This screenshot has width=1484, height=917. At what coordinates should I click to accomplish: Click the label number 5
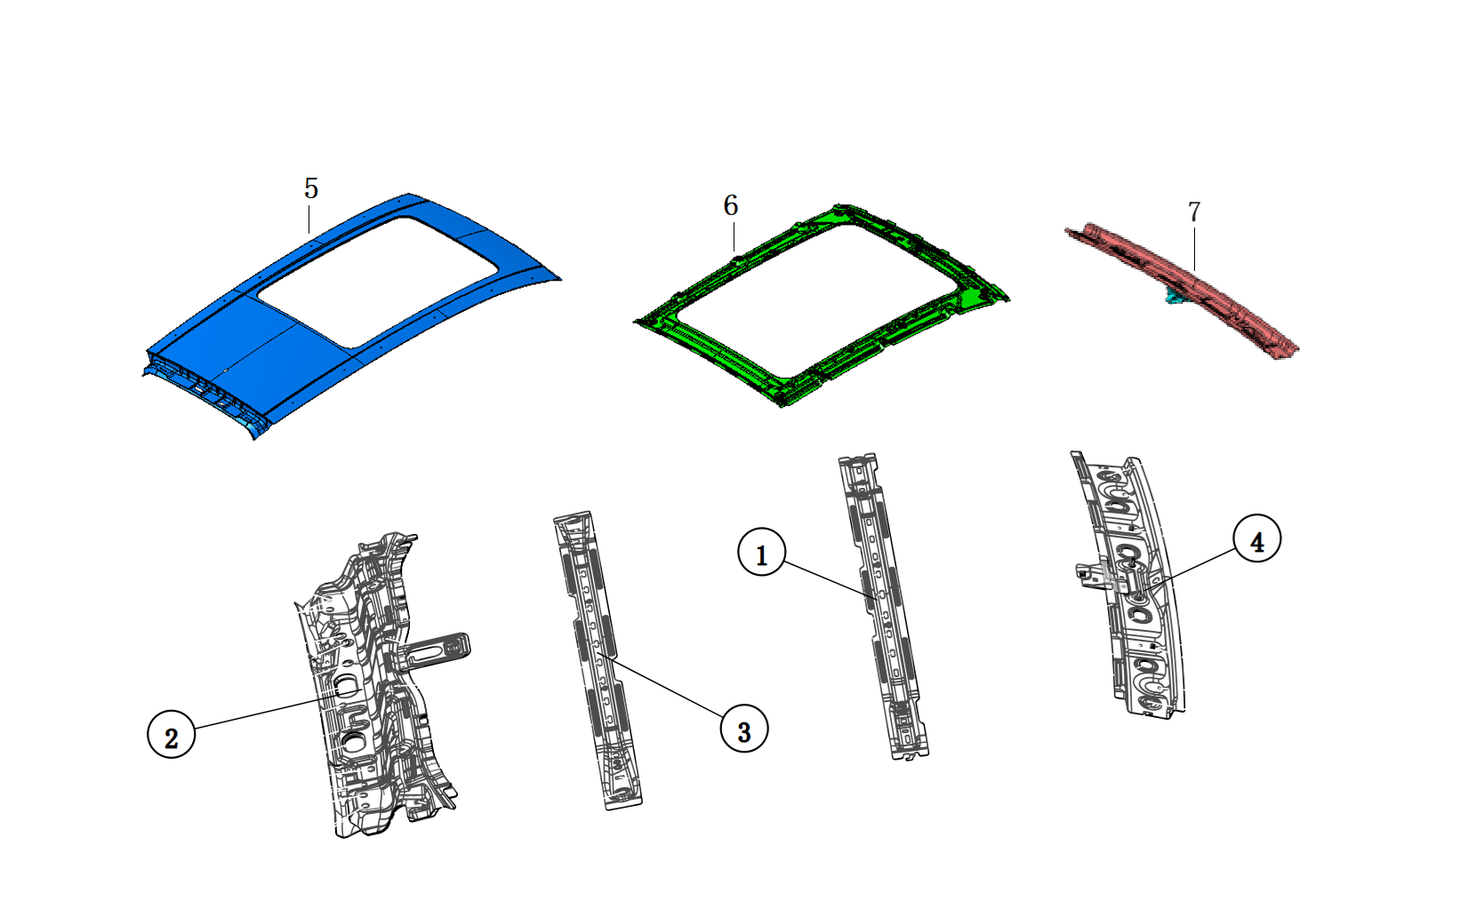(310, 188)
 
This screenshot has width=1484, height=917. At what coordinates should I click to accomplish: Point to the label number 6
(730, 205)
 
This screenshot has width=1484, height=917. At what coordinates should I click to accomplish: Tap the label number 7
(1193, 211)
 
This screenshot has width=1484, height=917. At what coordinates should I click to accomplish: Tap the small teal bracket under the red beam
(1176, 295)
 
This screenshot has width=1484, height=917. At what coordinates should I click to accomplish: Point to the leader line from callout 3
(662, 684)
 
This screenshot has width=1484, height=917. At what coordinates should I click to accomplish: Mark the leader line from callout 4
(1191, 569)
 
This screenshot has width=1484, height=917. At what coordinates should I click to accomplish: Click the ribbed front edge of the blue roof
(205, 391)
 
